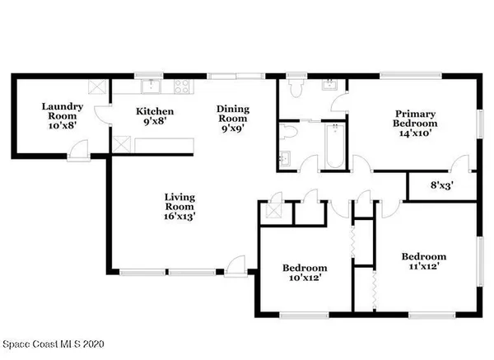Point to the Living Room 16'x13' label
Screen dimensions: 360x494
[179, 205]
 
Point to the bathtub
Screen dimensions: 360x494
[333, 142]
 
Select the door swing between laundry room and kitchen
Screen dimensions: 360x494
[100, 116]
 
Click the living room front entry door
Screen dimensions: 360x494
[236, 264]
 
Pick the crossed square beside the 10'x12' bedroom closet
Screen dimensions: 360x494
[271, 211]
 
